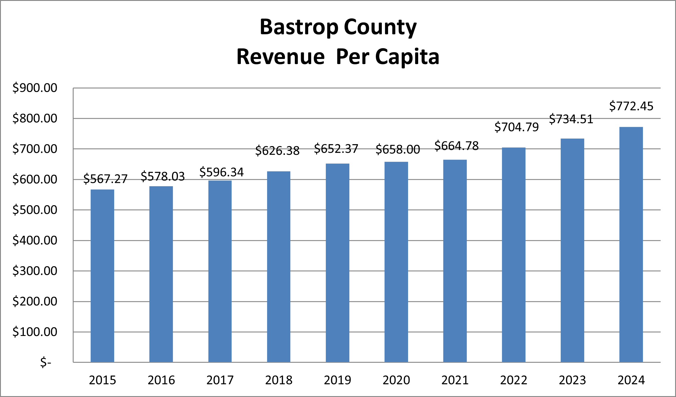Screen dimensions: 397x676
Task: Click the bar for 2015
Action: pyautogui.click(x=102, y=275)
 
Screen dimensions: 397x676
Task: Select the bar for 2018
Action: pyautogui.click(x=279, y=267)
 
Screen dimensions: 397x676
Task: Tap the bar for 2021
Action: pyautogui.click(x=455, y=261)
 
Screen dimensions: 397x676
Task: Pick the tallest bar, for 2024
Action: pyautogui.click(x=631, y=244)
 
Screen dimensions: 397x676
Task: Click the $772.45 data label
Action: pyautogui.click(x=631, y=106)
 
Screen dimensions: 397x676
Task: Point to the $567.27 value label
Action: pyautogui.click(x=105, y=179)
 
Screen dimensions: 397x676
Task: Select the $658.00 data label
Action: pyautogui.click(x=398, y=150)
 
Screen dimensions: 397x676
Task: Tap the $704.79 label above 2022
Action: pyautogui.click(x=517, y=127)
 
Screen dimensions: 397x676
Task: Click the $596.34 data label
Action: pyautogui.click(x=221, y=172)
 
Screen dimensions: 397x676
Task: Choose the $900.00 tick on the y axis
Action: pyautogui.click(x=35, y=88)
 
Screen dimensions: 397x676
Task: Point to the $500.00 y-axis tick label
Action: pyautogui.click(x=35, y=210)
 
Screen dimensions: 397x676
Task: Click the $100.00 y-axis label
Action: pyautogui.click(x=35, y=332)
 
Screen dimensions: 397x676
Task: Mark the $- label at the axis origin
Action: pyautogui.click(x=46, y=362)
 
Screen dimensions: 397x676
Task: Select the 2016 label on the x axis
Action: pyautogui.click(x=161, y=380)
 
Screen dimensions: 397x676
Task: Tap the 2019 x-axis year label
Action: pyautogui.click(x=337, y=380)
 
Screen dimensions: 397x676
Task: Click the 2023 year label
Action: pyautogui.click(x=572, y=380)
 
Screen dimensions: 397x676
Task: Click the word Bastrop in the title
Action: pyautogui.click(x=299, y=27)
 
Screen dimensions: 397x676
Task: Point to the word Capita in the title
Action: pyautogui.click(x=407, y=57)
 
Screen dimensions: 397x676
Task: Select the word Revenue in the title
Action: pyautogui.click(x=280, y=57)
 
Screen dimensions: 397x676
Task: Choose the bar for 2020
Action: pyautogui.click(x=396, y=262)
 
